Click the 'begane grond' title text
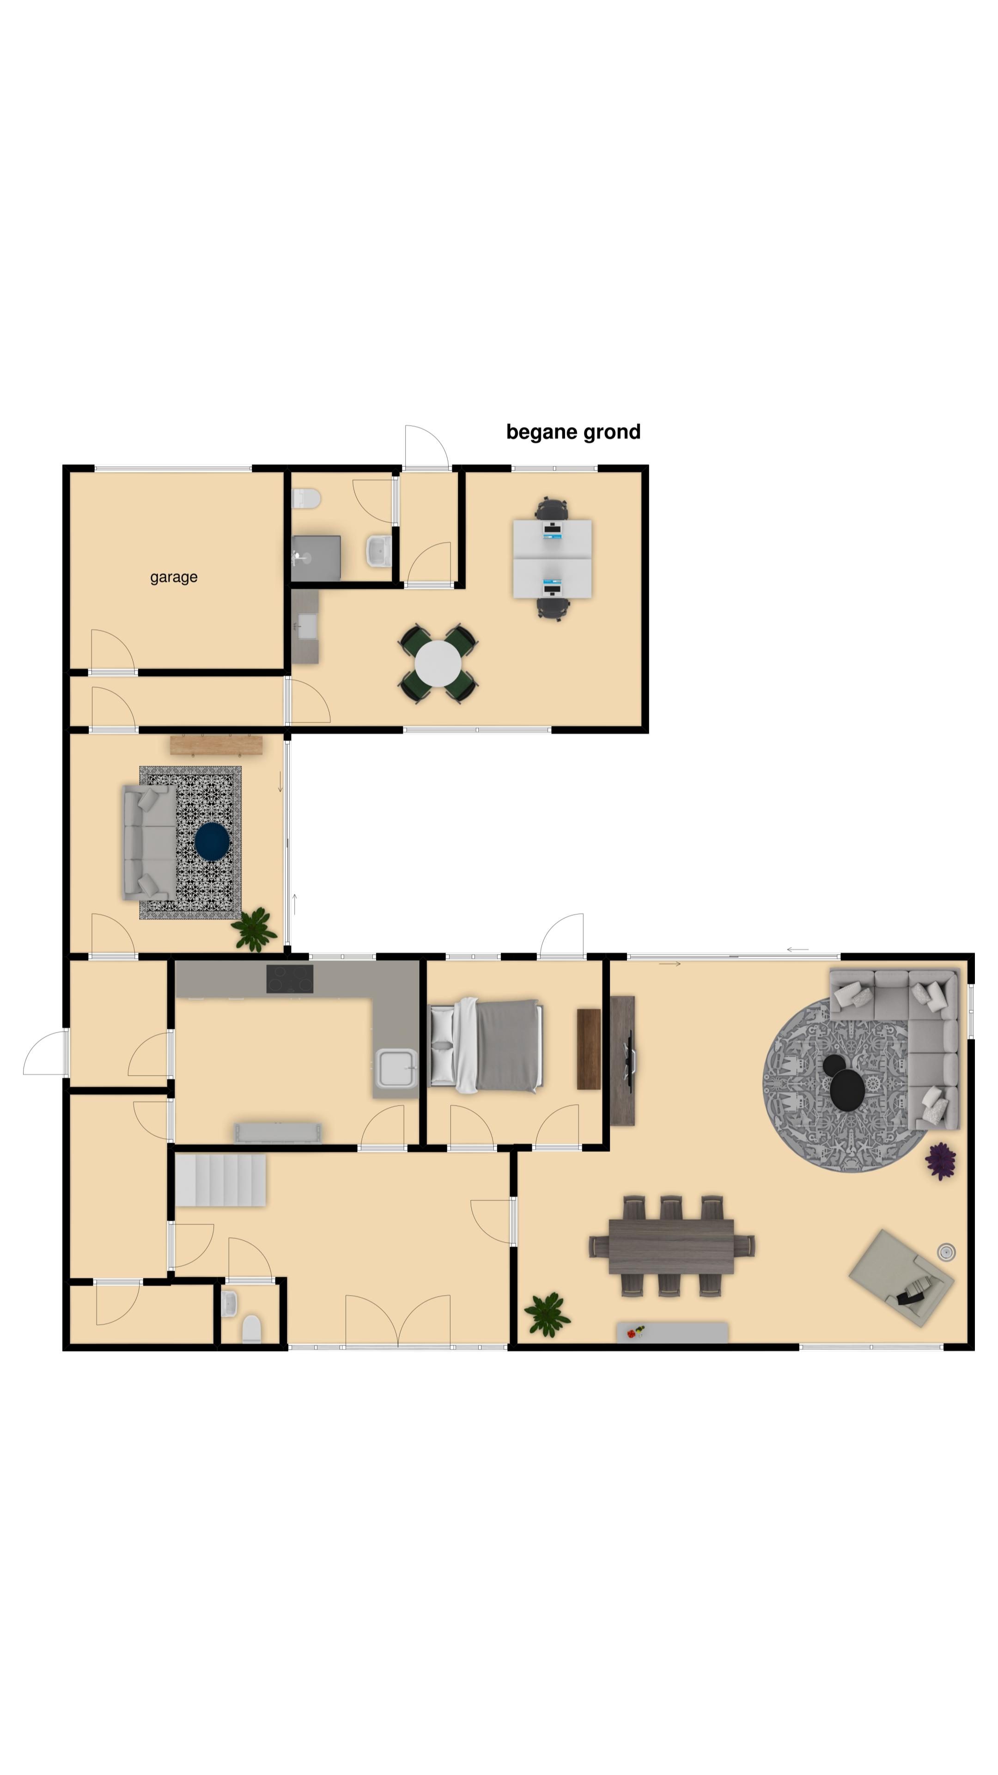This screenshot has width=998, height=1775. tap(573, 433)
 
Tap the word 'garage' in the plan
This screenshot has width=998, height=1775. tap(174, 577)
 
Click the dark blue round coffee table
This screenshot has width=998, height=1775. tap(212, 841)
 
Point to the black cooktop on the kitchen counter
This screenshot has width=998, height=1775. tap(289, 979)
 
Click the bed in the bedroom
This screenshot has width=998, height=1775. tap(486, 1045)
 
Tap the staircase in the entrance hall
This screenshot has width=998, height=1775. tap(220, 1181)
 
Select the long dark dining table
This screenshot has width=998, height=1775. tap(671, 1247)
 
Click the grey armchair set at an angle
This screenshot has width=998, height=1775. tap(901, 1278)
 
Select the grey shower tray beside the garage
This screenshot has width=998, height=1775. tap(316, 558)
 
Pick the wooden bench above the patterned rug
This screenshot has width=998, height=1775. tap(216, 745)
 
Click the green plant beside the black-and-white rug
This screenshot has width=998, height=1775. tap(255, 930)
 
